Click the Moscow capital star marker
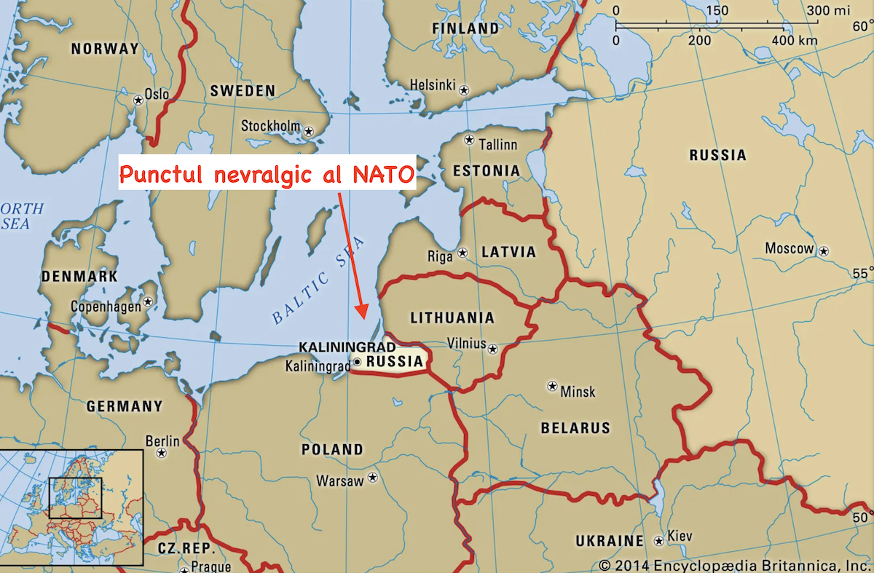point(824,251)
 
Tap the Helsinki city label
point(433,84)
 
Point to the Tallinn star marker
point(470,141)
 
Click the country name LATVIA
point(508,253)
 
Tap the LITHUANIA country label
point(452,318)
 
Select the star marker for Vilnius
point(493,349)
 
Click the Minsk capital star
point(552,385)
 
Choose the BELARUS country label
point(575,428)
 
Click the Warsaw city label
point(339,481)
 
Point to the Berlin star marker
point(162,453)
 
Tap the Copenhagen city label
point(106,307)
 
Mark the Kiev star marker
point(658,541)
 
